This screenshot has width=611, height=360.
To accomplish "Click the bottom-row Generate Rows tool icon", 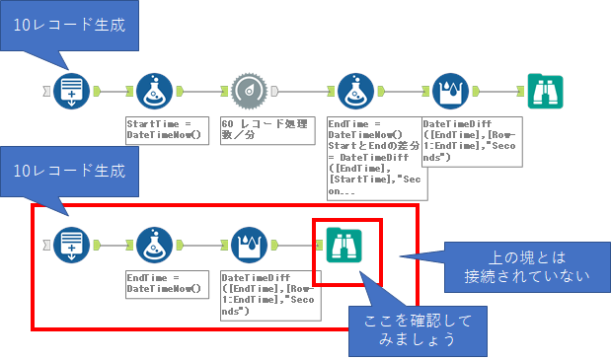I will point(72,244).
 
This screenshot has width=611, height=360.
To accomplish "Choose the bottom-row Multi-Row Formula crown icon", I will point(249,244).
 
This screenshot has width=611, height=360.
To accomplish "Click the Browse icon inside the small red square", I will point(344,244).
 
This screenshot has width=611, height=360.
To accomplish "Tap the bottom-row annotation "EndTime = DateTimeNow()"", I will point(166,283).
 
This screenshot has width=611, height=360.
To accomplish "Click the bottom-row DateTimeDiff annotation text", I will point(258,294).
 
